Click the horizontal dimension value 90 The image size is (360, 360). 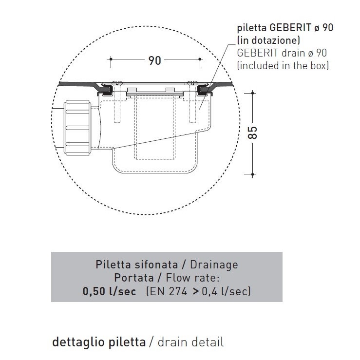point(155,60)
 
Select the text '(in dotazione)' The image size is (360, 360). point(268,40)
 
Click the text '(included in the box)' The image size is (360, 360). point(282,65)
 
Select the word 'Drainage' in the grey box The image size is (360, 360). point(215,265)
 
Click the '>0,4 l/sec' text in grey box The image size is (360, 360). point(226,292)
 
